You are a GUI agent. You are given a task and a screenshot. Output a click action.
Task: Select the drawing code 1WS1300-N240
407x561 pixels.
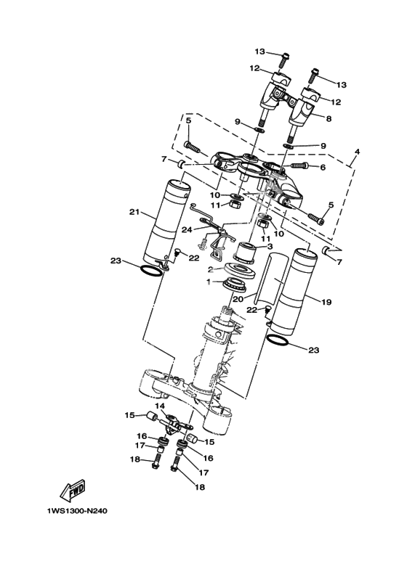pyautogui.click(x=76, y=511)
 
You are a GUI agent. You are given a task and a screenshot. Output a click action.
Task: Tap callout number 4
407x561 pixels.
pyautogui.click(x=357, y=152)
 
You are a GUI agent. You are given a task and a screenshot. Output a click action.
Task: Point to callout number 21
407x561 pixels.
pyautogui.click(x=134, y=212)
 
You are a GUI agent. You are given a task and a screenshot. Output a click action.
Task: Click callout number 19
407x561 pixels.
pyautogui.click(x=326, y=302)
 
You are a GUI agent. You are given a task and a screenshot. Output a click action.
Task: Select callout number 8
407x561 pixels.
pyautogui.click(x=329, y=118)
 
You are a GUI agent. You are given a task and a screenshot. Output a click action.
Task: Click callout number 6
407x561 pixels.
pyautogui.click(x=323, y=167)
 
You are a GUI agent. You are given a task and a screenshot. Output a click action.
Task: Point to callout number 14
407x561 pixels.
pyautogui.click(x=159, y=406)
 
